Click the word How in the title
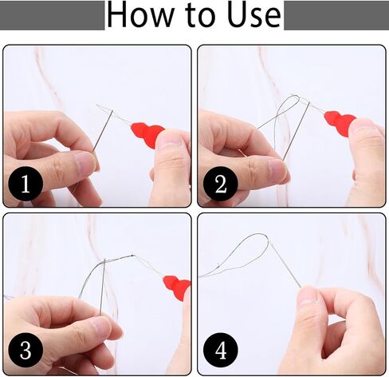click(140, 15)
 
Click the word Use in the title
click(254, 15)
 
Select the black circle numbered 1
click(26, 184)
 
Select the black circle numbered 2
click(220, 184)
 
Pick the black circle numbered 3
click(26, 350)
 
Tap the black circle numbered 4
click(220, 350)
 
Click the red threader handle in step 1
click(147, 134)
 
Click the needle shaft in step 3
click(103, 286)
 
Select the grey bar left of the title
click(53, 15)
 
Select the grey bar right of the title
click(336, 15)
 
